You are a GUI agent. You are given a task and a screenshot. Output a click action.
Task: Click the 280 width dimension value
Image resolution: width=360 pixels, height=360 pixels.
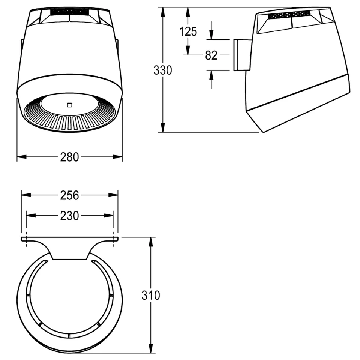click(70, 157)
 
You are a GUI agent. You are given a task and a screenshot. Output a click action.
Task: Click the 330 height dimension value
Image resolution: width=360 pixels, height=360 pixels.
click(162, 70)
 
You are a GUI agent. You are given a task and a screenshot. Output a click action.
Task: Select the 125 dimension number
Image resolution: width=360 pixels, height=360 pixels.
click(188, 31)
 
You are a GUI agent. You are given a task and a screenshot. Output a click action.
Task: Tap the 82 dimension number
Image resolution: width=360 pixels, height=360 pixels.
click(211, 55)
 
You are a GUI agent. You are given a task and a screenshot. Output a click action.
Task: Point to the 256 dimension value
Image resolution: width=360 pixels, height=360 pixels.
click(70, 195)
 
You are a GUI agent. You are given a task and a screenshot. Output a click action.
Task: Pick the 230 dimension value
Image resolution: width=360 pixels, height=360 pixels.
click(70, 216)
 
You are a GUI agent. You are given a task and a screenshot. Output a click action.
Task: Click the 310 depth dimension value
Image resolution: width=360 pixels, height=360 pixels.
click(151, 295)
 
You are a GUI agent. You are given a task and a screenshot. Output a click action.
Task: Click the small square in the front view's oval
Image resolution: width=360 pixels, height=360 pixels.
click(70, 105)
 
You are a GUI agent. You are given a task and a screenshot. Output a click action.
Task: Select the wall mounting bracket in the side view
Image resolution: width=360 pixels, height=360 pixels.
click(243, 55)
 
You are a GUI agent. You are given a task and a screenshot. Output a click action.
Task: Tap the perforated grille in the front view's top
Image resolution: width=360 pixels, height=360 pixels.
click(69, 12)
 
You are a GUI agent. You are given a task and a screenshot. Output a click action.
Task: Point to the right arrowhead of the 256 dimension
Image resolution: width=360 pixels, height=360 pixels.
click(113, 195)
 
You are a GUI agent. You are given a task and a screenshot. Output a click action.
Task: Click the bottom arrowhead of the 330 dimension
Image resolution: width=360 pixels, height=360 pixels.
click(163, 127)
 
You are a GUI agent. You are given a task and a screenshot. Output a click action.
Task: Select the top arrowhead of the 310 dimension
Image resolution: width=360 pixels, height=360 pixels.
click(151, 242)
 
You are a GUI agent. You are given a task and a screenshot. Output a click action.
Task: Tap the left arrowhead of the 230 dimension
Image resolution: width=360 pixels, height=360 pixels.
click(31, 216)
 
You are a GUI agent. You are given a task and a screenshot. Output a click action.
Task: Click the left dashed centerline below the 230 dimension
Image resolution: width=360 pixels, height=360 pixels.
click(26, 239)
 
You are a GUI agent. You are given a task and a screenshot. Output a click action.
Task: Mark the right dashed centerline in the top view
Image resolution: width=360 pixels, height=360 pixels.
click(113, 239)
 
